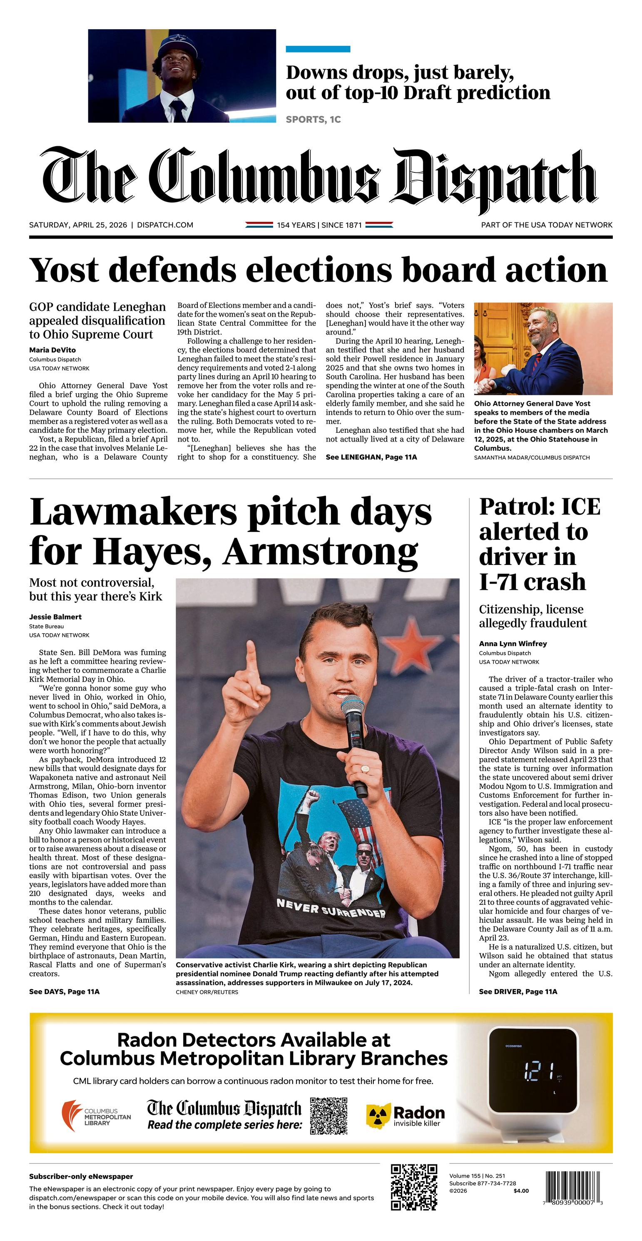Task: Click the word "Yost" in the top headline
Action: [x=64, y=270]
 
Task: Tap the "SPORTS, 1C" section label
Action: [x=313, y=120]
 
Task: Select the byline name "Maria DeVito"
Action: [x=52, y=350]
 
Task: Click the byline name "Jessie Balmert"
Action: [x=55, y=617]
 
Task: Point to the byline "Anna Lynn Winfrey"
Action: [x=513, y=644]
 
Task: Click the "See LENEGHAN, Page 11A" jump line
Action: [x=371, y=457]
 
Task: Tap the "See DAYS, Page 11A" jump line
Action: [x=64, y=991]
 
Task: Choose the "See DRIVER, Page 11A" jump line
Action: [x=518, y=991]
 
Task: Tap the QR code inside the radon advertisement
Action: [x=328, y=1115]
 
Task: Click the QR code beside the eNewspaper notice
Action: [x=414, y=1187]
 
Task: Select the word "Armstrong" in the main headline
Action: [x=320, y=552]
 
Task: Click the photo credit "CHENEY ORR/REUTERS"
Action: [x=207, y=992]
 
